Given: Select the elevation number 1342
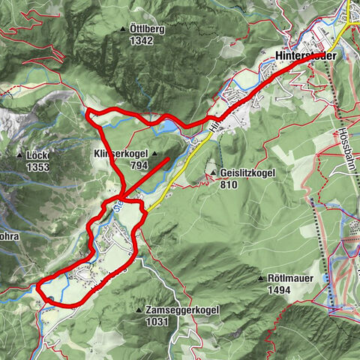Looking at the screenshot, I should click(x=141, y=40).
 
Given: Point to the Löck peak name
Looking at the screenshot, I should click(x=37, y=155).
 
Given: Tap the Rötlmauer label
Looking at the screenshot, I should click(x=292, y=277).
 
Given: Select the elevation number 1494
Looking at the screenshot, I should click(x=279, y=289).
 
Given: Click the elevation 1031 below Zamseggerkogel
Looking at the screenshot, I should click(x=158, y=321).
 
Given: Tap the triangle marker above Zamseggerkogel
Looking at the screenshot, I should click(x=139, y=309).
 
